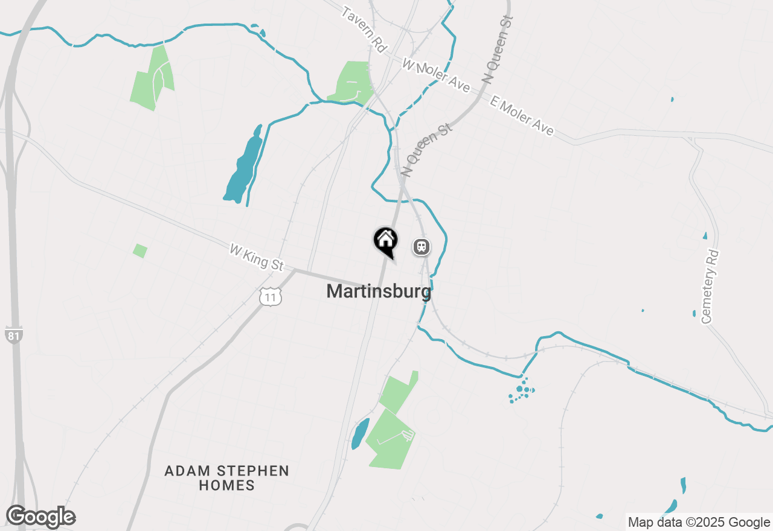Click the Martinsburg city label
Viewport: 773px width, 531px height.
(x=379, y=291)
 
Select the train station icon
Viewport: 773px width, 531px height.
(x=421, y=246)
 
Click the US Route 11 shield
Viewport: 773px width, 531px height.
(x=271, y=297)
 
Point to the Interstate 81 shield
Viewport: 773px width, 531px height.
(x=13, y=335)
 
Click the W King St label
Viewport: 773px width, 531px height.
(x=256, y=257)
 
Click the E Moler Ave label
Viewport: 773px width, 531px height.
(x=522, y=116)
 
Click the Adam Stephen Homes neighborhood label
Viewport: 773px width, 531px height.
(x=226, y=477)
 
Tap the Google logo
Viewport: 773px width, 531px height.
(x=40, y=517)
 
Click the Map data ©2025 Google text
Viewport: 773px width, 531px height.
(x=699, y=523)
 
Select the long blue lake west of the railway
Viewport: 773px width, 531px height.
(x=244, y=166)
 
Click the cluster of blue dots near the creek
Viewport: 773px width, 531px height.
(x=521, y=390)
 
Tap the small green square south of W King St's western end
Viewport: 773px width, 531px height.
(x=140, y=250)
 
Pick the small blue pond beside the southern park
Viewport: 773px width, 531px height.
(x=360, y=433)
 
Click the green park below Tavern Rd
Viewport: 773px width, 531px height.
(x=350, y=81)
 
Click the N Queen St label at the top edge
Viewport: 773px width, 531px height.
(x=497, y=49)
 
